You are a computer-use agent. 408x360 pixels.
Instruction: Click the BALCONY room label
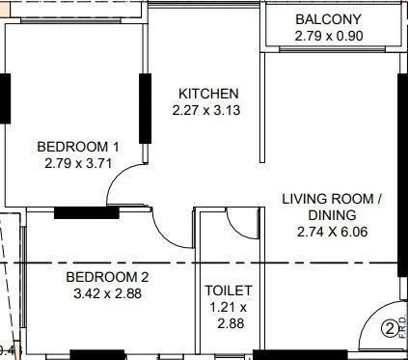click(329, 19)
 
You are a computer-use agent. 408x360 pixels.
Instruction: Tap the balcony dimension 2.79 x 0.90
click(329, 37)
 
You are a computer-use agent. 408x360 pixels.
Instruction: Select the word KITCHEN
click(208, 94)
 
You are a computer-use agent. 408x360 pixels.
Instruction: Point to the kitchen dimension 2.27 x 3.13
click(208, 110)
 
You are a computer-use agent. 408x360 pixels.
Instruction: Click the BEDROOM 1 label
click(78, 147)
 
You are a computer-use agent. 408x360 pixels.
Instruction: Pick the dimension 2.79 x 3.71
click(78, 163)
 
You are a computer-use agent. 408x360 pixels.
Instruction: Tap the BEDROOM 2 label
click(107, 277)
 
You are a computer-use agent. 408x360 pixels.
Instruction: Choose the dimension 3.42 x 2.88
click(107, 293)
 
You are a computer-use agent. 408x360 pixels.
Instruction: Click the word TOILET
click(229, 291)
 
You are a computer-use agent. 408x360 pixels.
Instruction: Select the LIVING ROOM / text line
click(332, 199)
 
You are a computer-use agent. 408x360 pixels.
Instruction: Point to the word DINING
click(332, 215)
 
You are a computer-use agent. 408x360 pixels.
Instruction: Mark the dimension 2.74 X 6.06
click(332, 232)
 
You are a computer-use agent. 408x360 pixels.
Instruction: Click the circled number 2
click(390, 328)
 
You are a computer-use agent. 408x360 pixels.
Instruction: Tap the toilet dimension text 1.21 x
click(229, 308)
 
